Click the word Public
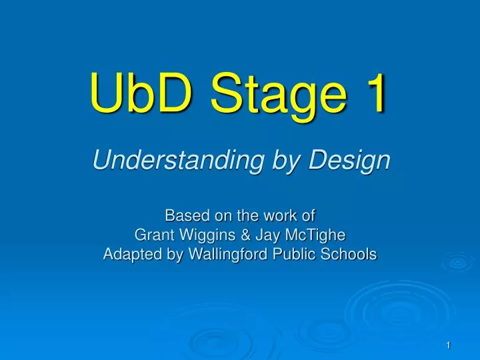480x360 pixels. point(291,254)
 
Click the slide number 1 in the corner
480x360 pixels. point(449,344)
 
